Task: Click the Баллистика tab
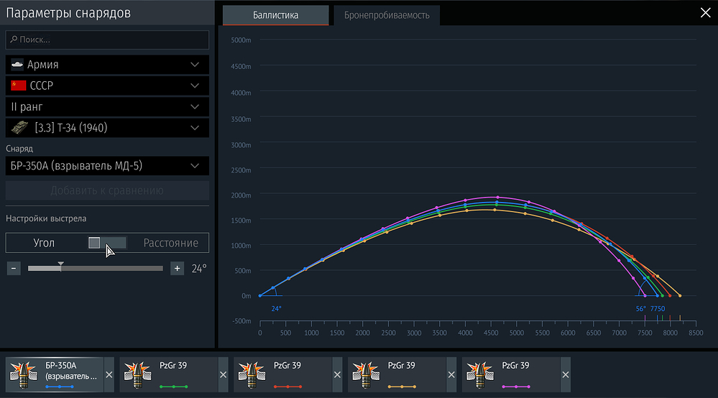tap(275, 15)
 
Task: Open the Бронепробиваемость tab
tap(387, 15)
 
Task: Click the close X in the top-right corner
tap(705, 12)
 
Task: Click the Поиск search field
tap(108, 40)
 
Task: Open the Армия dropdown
tap(108, 65)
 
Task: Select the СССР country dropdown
tap(108, 85)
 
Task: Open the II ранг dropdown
tap(108, 107)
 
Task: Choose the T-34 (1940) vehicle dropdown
tap(108, 128)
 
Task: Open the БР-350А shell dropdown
tap(108, 167)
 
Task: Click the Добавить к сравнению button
tap(108, 190)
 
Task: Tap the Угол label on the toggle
tap(44, 243)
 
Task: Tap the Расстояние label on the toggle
tap(170, 243)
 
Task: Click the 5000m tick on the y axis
tap(241, 40)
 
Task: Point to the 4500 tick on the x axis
tap(491, 333)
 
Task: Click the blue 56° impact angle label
tap(641, 308)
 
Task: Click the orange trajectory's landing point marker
tap(680, 295)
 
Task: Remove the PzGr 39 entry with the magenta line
tap(566, 375)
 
